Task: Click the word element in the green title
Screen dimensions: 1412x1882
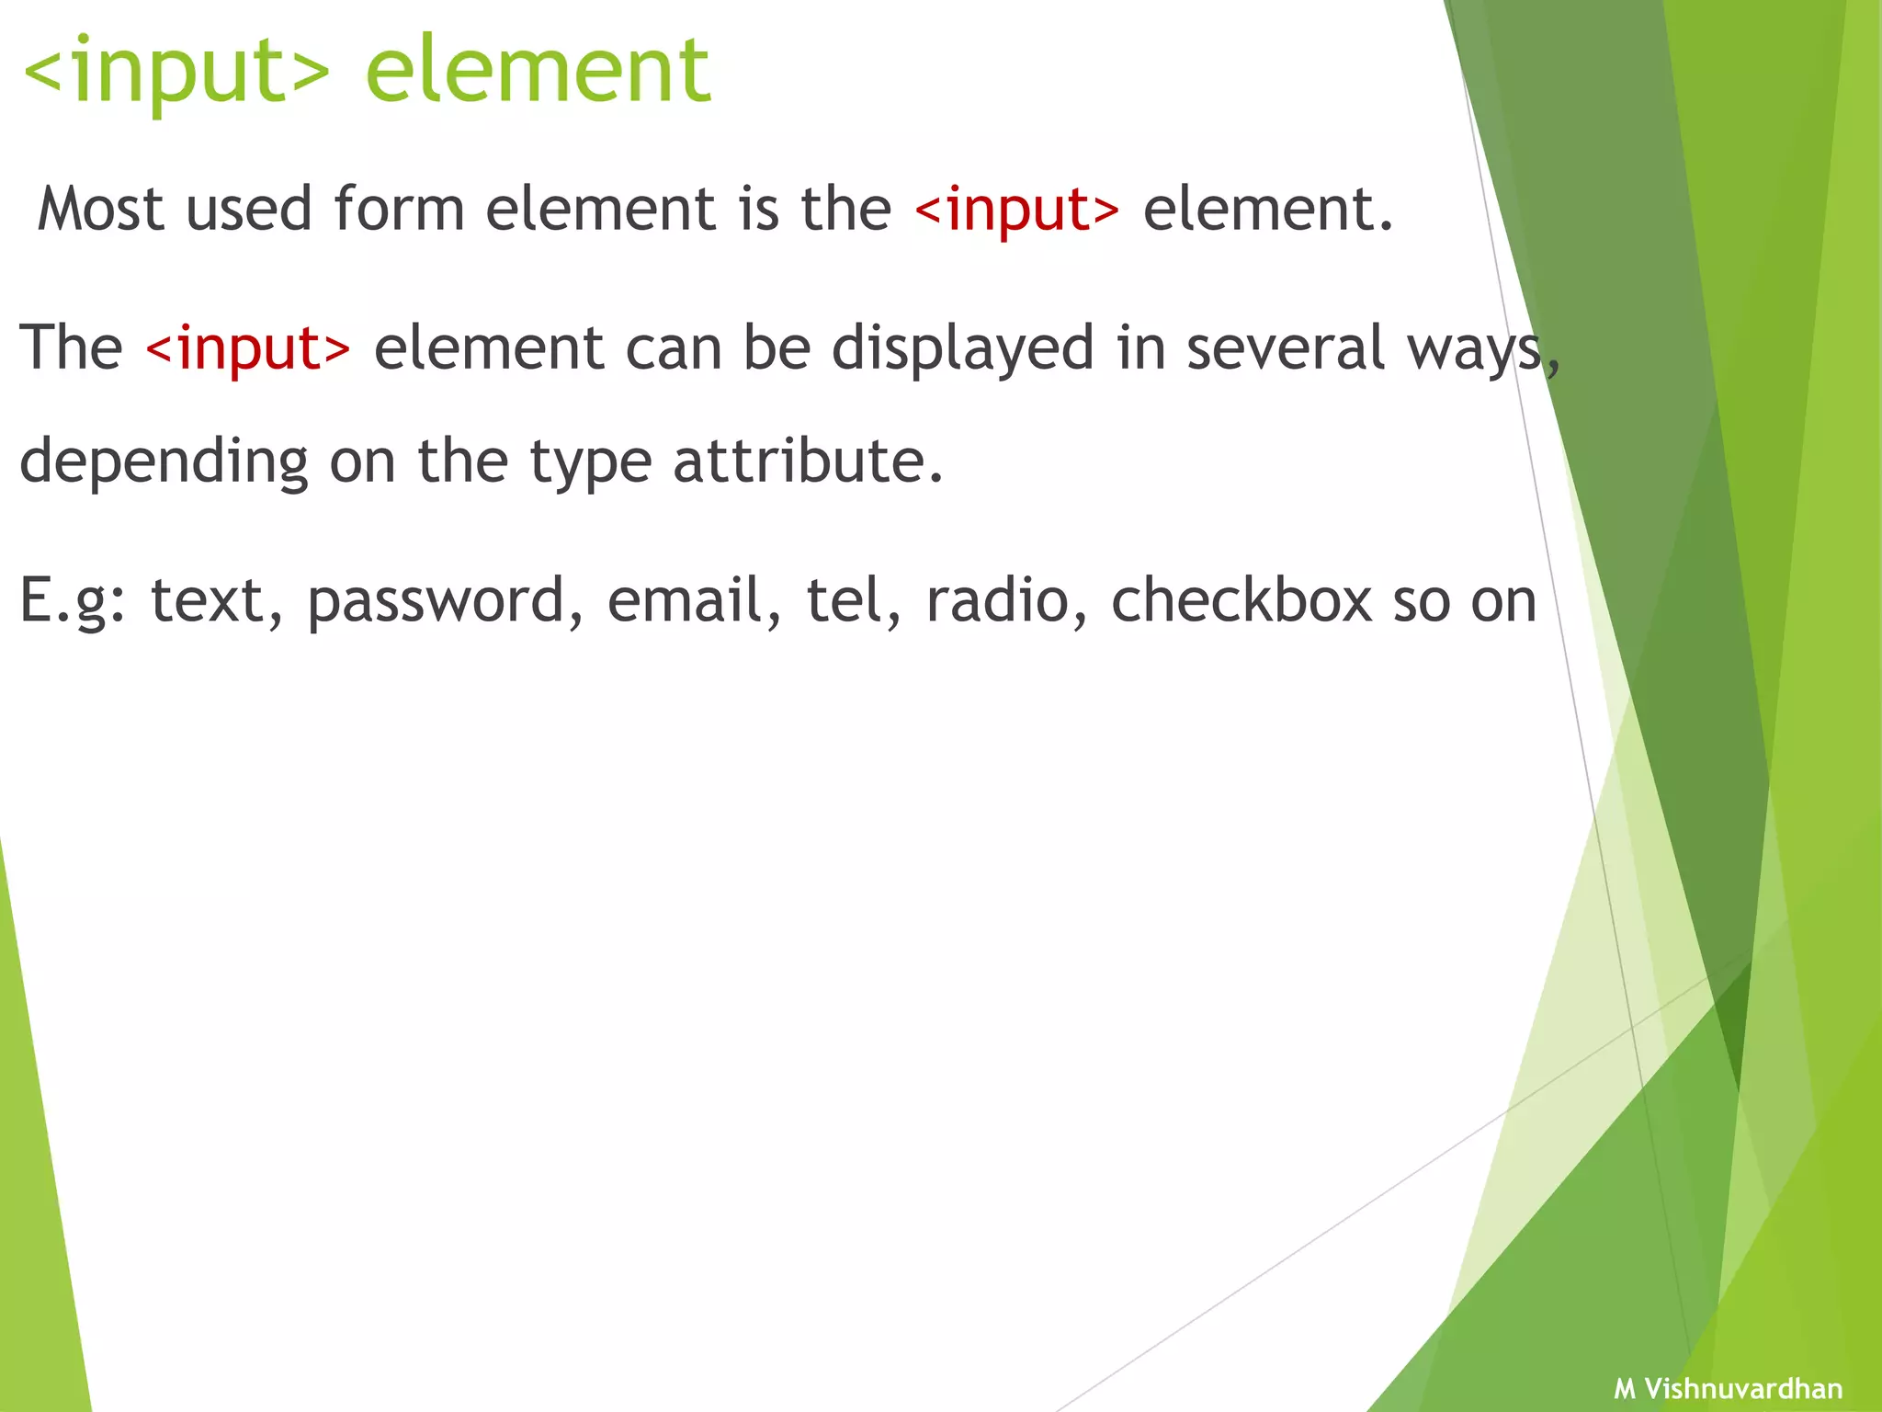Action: click(538, 71)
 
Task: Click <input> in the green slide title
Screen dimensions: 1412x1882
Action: click(176, 71)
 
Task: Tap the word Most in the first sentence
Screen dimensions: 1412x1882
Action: click(100, 209)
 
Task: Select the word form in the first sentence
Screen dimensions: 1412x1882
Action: click(399, 209)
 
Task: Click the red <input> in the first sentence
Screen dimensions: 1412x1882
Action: click(1017, 211)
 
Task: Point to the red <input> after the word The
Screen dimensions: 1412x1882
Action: click(248, 349)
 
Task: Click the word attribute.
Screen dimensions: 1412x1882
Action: click(808, 461)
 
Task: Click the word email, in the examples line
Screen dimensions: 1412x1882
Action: click(695, 600)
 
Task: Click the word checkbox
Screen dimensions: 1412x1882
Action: click(1241, 600)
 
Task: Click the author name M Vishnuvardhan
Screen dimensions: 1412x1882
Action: click(1729, 1388)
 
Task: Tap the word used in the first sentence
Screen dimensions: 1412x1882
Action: click(249, 209)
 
